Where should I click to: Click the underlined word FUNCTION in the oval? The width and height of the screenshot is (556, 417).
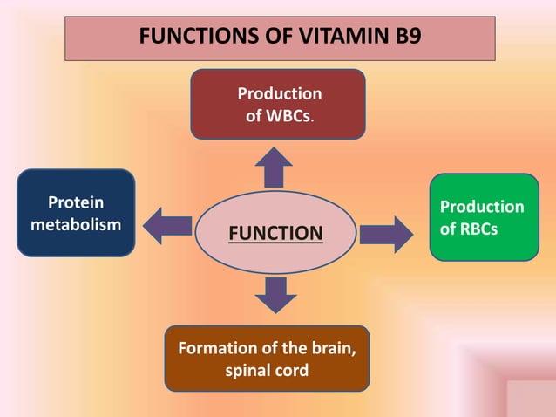(275, 233)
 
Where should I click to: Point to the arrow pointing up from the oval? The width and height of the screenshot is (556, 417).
(276, 166)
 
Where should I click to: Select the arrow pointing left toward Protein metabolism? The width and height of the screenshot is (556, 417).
(167, 225)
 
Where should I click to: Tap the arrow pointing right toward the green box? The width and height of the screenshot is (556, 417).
(386, 234)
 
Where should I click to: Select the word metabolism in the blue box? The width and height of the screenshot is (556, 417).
(76, 224)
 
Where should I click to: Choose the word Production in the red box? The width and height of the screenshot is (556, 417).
(279, 93)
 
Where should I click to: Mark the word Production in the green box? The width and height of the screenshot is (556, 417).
(482, 207)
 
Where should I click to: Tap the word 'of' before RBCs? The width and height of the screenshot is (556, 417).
(448, 229)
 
